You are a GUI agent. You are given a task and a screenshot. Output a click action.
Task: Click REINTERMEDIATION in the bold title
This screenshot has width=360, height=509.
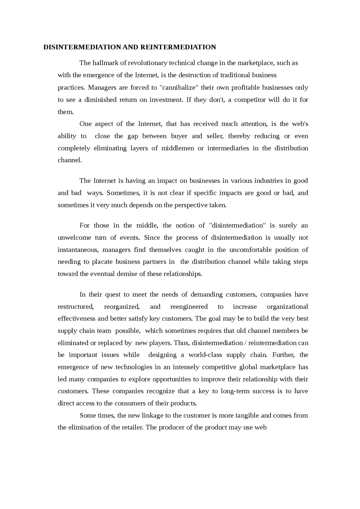(x=178, y=47)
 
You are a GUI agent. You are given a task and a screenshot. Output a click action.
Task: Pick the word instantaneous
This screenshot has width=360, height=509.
(x=78, y=250)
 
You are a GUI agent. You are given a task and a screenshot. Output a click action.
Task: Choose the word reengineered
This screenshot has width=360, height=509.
(x=189, y=307)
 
